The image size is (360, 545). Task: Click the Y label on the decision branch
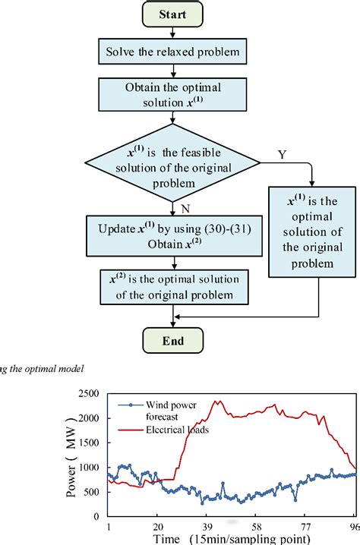pos(283,156)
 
